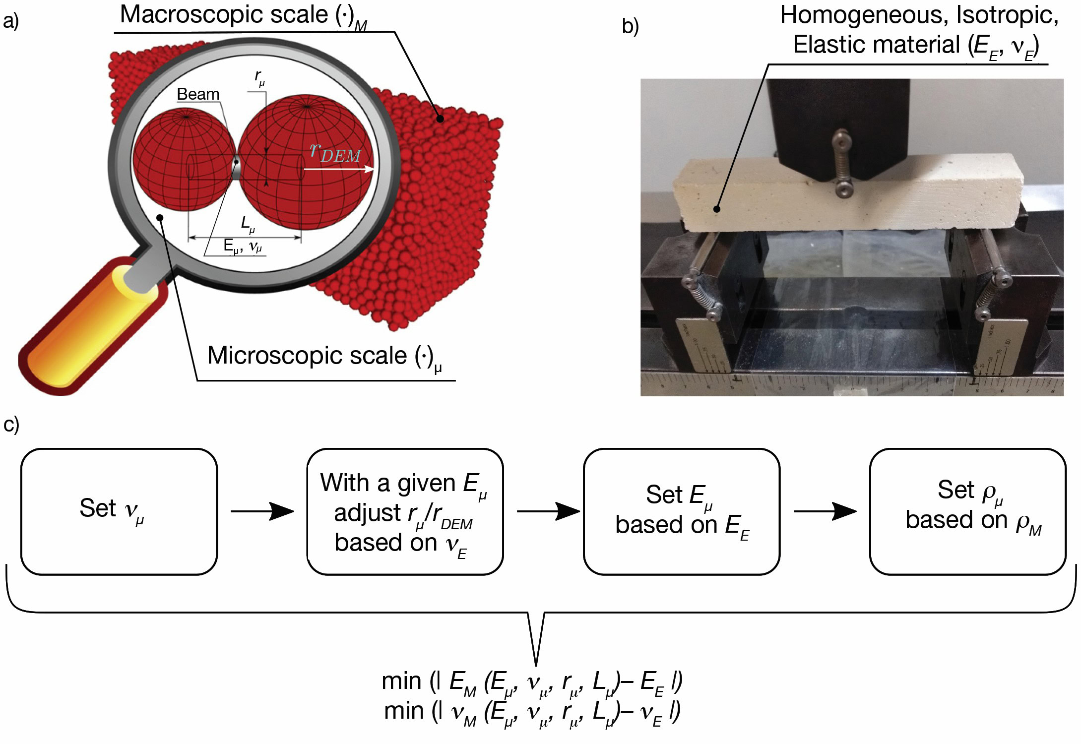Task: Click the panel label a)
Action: click(10, 21)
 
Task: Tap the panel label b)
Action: click(630, 26)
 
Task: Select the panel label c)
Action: click(10, 425)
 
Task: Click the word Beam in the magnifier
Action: click(198, 94)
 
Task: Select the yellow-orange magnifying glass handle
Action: click(84, 332)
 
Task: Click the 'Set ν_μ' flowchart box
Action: click(119, 511)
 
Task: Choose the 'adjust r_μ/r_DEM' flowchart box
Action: click(405, 511)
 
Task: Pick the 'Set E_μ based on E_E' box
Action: click(681, 511)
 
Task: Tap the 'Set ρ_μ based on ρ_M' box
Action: click(967, 511)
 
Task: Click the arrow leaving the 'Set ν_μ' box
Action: click(262, 511)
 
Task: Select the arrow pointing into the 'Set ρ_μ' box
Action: click(825, 511)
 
